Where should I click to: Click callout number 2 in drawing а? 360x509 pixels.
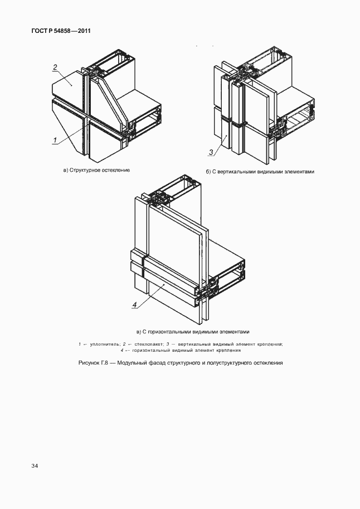[55, 67]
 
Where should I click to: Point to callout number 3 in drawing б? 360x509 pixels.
[211, 152]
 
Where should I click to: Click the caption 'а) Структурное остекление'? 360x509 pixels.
[96, 170]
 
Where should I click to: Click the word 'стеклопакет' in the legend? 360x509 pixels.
[145, 344]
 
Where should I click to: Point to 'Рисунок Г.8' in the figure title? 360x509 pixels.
[93, 362]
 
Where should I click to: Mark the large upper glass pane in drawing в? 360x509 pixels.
[173, 234]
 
